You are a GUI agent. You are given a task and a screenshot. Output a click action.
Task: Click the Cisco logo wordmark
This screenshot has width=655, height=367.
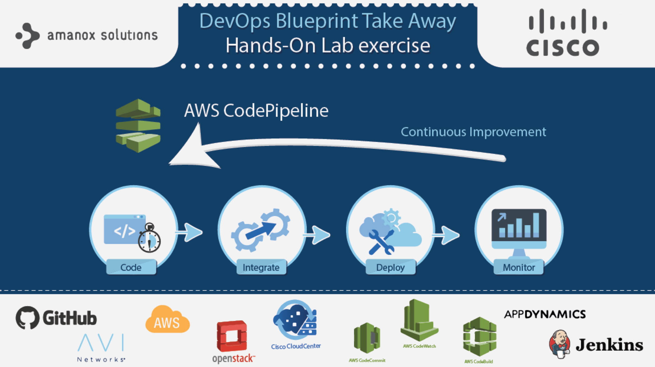pyautogui.click(x=563, y=47)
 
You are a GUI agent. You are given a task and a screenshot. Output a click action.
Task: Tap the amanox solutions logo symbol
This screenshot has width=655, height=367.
pyautogui.click(x=27, y=36)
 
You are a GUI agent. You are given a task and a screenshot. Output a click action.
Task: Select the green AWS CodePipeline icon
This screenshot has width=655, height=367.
pyautogui.click(x=138, y=125)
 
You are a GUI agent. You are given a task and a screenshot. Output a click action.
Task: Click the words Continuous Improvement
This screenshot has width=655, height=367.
pyautogui.click(x=473, y=132)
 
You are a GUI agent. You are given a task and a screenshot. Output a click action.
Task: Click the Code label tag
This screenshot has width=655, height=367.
pyautogui.click(x=131, y=267)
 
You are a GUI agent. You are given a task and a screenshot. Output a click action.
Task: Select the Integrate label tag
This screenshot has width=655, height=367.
pyautogui.click(x=261, y=267)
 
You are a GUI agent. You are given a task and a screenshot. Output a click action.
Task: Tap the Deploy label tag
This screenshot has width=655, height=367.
pyautogui.click(x=390, y=267)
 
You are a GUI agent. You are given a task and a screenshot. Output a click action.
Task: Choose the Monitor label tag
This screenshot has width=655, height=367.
pyautogui.click(x=519, y=267)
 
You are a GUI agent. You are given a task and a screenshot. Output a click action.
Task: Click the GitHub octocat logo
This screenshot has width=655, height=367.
pyautogui.click(x=27, y=318)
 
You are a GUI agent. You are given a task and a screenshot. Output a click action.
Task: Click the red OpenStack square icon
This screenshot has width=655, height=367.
pyautogui.click(x=232, y=336)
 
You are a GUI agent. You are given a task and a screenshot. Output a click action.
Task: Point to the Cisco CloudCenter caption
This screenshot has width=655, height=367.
pyautogui.click(x=296, y=346)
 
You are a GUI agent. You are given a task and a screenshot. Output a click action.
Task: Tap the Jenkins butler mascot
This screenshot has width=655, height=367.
pyautogui.click(x=560, y=344)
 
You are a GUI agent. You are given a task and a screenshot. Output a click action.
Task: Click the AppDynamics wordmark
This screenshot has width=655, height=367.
pyautogui.click(x=545, y=314)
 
